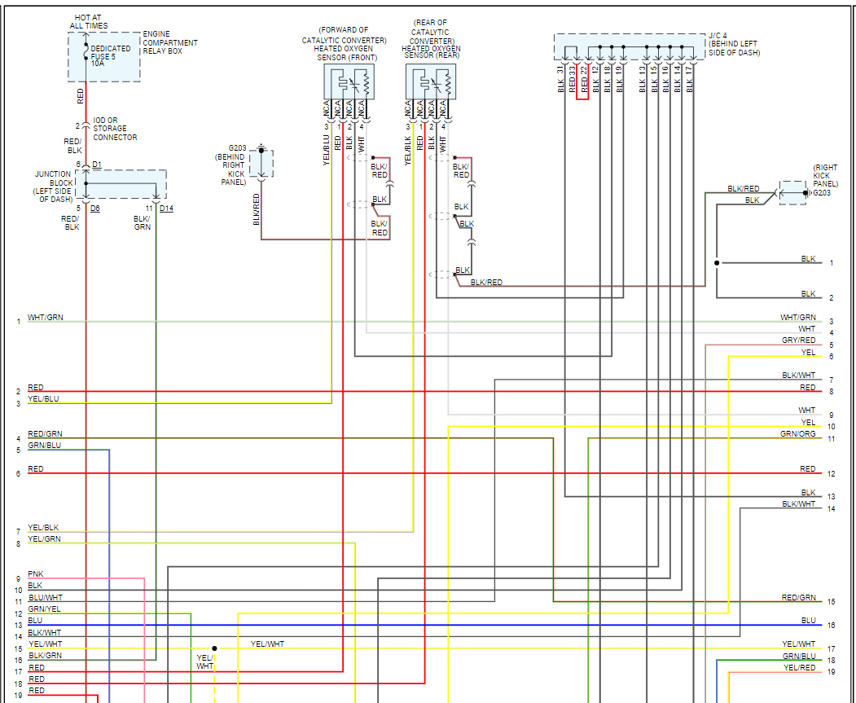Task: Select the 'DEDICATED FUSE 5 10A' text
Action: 110,55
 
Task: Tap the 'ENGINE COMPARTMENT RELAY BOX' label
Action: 170,42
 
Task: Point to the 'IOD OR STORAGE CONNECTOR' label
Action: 115,129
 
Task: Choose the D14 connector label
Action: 166,209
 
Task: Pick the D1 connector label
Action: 96,165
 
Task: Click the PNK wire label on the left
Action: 35,574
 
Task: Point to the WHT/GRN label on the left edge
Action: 45,318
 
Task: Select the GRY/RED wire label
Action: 798,341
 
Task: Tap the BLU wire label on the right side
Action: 808,621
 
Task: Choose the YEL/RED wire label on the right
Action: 799,668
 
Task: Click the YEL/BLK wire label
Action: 43,528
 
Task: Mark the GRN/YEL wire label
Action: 44,609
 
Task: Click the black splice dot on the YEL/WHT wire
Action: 215,648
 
